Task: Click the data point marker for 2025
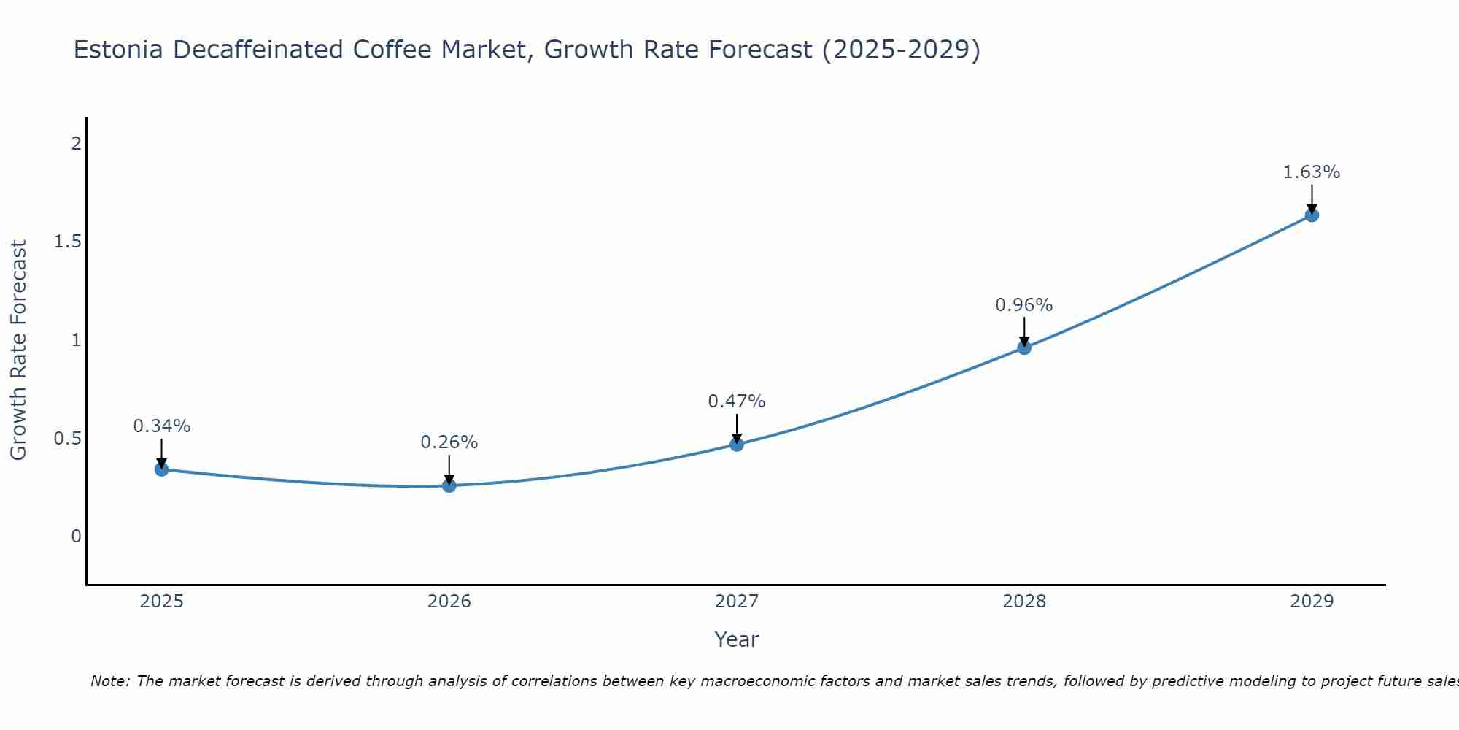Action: tap(162, 469)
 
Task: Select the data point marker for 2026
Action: tap(449, 485)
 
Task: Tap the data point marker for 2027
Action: tap(737, 444)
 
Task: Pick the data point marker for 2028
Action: tap(1024, 347)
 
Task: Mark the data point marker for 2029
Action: tap(1312, 215)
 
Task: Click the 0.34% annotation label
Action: tap(162, 426)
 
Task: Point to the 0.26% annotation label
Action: tap(449, 442)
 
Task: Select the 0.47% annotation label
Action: tap(737, 401)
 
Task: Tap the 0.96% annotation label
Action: tap(1024, 305)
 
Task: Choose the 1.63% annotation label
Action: tap(1312, 172)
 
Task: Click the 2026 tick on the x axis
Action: tap(449, 602)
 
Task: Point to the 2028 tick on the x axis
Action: tap(1024, 602)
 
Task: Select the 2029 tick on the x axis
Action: tap(1312, 602)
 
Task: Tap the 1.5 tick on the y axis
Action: tap(67, 242)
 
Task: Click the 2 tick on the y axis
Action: tap(76, 144)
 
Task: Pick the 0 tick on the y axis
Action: tap(76, 537)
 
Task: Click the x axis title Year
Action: tap(737, 639)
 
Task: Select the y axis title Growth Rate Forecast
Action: tap(19, 350)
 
